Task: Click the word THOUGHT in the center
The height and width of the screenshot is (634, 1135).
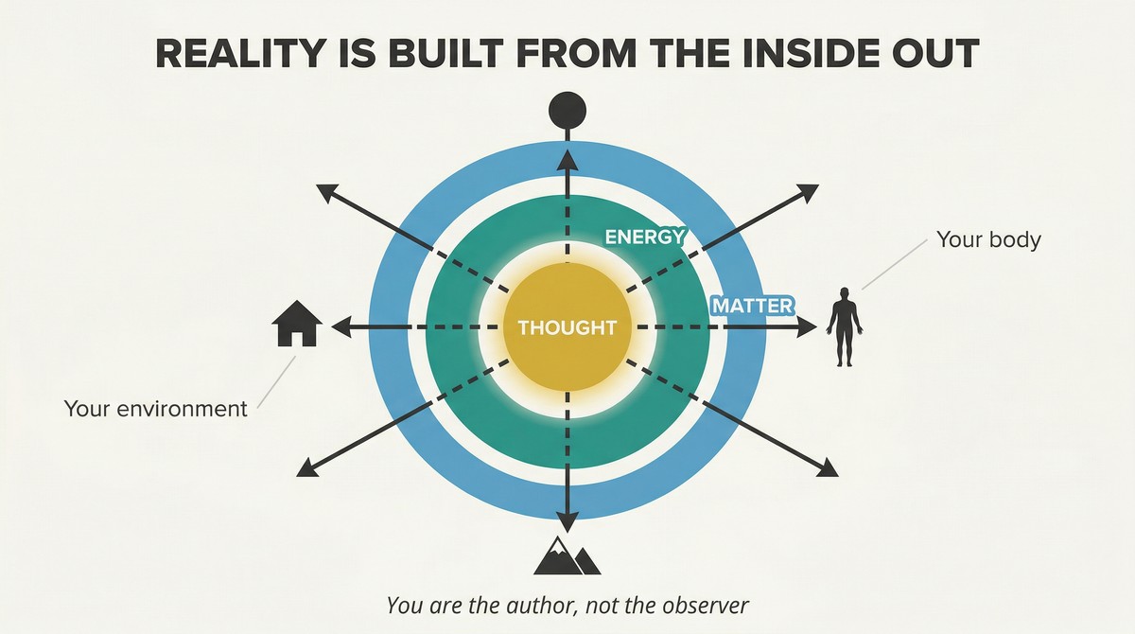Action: click(x=567, y=328)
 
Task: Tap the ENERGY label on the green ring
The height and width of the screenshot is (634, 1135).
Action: click(x=644, y=237)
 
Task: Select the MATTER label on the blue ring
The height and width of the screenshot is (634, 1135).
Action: click(x=753, y=306)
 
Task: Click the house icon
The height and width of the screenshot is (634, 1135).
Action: click(x=297, y=324)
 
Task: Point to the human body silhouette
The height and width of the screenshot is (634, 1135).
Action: click(x=844, y=326)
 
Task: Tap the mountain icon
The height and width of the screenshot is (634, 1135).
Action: click(x=567, y=555)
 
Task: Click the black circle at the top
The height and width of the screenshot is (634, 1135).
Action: click(x=567, y=110)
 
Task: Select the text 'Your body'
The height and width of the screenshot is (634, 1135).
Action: click(x=988, y=239)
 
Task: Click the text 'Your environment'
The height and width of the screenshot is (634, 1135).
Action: click(x=155, y=409)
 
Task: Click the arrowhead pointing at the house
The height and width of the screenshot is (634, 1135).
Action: click(x=341, y=327)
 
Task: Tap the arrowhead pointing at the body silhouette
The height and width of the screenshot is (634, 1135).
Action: click(x=807, y=327)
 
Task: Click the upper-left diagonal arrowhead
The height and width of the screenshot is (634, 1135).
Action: click(x=327, y=193)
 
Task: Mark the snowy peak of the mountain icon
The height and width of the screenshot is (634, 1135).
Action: click(x=558, y=545)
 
